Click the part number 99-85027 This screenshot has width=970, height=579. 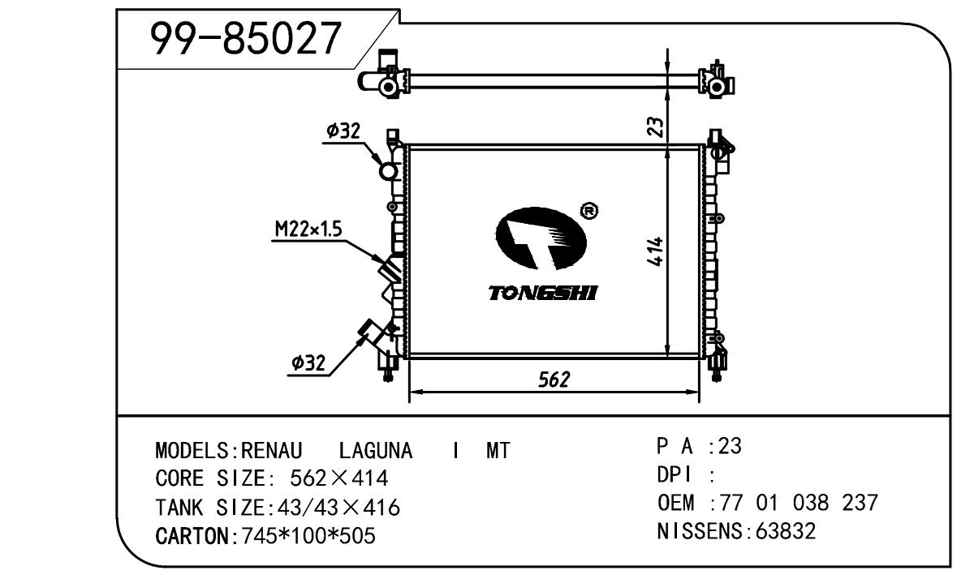point(246,38)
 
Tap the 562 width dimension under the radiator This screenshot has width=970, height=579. point(554,380)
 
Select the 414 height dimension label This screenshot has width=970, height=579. point(656,251)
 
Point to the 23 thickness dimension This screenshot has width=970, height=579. point(657,127)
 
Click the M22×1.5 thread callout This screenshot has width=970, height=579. point(308,229)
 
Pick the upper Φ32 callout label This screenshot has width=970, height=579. point(343,131)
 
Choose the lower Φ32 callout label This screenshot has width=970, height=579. point(308,362)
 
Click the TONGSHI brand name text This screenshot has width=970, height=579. point(542,293)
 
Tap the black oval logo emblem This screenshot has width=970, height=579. point(540,238)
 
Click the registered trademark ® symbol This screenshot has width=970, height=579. point(589,211)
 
